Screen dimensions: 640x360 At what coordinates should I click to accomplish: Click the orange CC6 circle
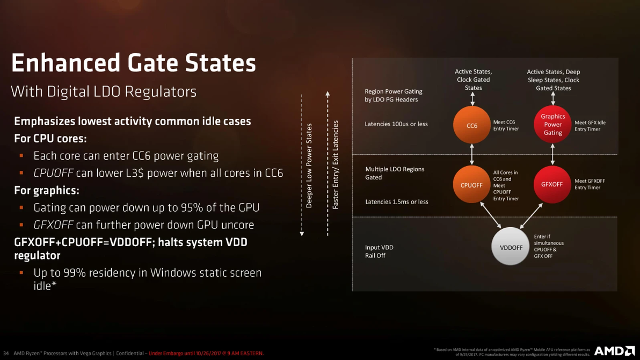pyautogui.click(x=472, y=125)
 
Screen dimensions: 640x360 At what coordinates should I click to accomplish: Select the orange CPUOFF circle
pyautogui.click(x=471, y=185)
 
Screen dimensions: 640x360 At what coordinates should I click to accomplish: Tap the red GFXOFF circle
pyautogui.click(x=552, y=184)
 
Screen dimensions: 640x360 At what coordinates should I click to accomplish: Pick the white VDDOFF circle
pyautogui.click(x=511, y=247)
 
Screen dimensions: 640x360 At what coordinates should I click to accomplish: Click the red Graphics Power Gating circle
pyautogui.click(x=552, y=124)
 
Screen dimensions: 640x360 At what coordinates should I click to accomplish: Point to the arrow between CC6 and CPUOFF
pyautogui.click(x=472, y=155)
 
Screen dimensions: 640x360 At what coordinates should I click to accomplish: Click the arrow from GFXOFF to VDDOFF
pyautogui.click(x=531, y=216)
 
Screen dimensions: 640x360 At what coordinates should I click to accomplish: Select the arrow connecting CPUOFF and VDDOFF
pyautogui.click(x=491, y=215)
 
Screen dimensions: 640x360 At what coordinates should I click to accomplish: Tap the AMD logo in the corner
pyautogui.click(x=615, y=351)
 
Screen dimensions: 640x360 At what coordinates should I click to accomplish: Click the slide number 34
pyautogui.click(x=6, y=353)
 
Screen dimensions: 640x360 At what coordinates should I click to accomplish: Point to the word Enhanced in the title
pyautogui.click(x=66, y=63)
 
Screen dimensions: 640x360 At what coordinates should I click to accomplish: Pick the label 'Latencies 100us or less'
pyautogui.click(x=396, y=124)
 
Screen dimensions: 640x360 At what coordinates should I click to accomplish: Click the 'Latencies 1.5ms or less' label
pyautogui.click(x=397, y=201)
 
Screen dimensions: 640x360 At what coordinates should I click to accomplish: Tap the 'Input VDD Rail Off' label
pyautogui.click(x=379, y=251)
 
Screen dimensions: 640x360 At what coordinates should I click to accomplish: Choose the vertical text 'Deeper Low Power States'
pyautogui.click(x=309, y=165)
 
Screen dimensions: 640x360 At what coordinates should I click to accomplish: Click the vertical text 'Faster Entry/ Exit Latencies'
pyautogui.click(x=336, y=164)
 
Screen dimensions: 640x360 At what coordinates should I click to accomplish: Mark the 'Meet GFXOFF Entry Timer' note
pyautogui.click(x=590, y=184)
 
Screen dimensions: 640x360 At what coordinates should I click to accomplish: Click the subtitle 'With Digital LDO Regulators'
pyautogui.click(x=104, y=91)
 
